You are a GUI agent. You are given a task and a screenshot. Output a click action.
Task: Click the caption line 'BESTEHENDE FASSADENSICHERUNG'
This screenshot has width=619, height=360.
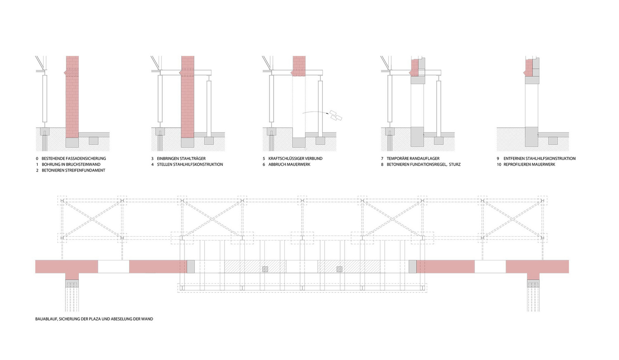(74, 158)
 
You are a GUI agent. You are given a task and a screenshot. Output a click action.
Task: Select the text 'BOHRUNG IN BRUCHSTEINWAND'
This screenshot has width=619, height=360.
(71, 165)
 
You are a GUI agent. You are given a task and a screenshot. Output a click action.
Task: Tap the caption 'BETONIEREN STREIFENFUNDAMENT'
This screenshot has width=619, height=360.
(73, 171)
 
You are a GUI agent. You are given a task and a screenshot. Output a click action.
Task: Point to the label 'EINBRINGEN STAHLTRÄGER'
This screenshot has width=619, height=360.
(181, 158)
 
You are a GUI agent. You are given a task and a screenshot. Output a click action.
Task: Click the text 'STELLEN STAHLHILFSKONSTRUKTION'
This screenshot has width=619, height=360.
(190, 165)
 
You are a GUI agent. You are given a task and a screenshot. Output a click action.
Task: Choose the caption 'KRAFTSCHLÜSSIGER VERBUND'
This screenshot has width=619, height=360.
(295, 158)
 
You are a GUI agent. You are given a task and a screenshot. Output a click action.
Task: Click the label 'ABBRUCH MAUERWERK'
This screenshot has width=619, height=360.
(289, 165)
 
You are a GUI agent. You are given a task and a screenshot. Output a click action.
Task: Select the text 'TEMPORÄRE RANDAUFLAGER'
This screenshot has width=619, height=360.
(413, 158)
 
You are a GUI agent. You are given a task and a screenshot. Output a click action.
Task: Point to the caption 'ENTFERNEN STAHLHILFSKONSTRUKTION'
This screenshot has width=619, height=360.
(539, 158)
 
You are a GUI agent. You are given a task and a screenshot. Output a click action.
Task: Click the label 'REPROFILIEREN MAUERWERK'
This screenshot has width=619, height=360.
(529, 165)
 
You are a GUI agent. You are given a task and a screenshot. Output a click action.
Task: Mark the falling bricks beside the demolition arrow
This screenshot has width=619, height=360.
(335, 115)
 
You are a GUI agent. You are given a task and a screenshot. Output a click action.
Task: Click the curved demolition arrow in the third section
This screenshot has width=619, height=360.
(315, 112)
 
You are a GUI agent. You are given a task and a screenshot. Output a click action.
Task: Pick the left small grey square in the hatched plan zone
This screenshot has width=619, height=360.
(265, 269)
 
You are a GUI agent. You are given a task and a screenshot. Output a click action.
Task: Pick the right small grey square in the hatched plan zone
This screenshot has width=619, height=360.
(340, 269)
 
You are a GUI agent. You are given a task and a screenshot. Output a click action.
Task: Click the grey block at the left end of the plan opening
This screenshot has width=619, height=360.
(191, 267)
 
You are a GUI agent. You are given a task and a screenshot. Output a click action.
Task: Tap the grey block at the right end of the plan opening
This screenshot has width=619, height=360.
(413, 267)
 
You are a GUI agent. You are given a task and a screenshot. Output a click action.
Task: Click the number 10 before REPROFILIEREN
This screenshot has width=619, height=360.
(499, 165)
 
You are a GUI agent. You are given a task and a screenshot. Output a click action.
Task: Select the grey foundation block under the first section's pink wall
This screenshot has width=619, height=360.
(72, 142)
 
